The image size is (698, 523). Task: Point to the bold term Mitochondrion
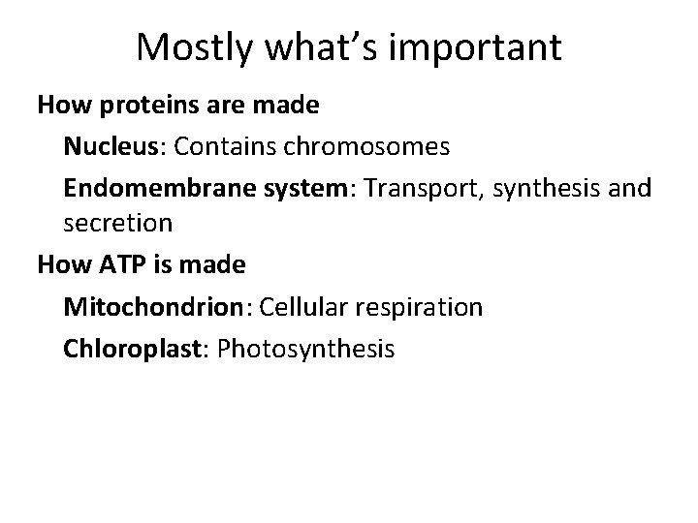pos(153,307)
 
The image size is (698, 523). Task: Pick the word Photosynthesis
pos(306,348)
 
